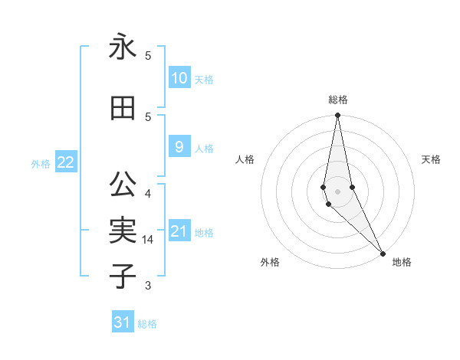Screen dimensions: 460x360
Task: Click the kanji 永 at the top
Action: (x=123, y=47)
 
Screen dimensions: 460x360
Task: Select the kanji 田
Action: (x=123, y=108)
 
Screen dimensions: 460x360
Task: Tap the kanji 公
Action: (x=123, y=185)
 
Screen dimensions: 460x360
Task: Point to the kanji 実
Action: (x=123, y=230)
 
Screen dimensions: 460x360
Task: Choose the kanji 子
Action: (x=123, y=276)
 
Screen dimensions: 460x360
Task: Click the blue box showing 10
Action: (x=179, y=77)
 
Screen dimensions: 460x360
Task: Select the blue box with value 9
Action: (x=179, y=147)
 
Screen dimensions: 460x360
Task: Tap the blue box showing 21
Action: (x=179, y=231)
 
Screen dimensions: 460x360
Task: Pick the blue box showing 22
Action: (x=66, y=162)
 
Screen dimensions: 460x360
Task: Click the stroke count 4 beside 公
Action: (x=148, y=193)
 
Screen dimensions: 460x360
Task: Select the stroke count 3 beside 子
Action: (x=148, y=286)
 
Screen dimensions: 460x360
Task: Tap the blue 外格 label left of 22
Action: (x=41, y=163)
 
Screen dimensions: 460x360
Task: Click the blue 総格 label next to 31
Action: (x=147, y=324)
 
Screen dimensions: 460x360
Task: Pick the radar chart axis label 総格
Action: (x=337, y=100)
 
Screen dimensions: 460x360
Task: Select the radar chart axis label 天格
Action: (x=432, y=159)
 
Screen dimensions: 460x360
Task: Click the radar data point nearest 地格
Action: (x=383, y=253)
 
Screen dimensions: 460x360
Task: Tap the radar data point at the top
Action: (x=337, y=116)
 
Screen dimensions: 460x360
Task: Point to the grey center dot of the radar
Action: (x=337, y=191)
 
